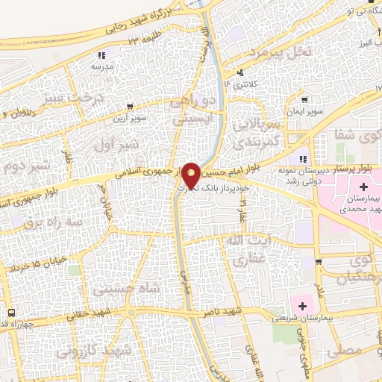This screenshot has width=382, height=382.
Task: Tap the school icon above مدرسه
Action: pyautogui.click(x=102, y=54)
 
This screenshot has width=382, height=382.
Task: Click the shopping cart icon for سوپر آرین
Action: pyautogui.click(x=131, y=106)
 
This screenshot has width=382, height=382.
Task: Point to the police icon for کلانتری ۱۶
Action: pyautogui.click(x=240, y=73)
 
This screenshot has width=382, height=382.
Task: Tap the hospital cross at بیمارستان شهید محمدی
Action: pyautogui.click(x=363, y=186)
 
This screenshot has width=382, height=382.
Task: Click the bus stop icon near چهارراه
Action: pyautogui.click(x=11, y=313)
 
